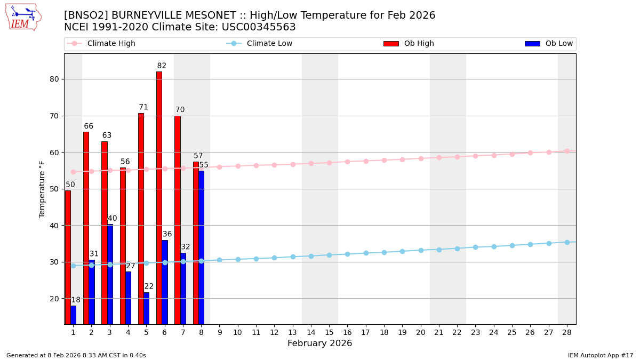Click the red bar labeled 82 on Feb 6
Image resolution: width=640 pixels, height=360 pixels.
tap(159, 197)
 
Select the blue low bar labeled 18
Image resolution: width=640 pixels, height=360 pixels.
tap(73, 315)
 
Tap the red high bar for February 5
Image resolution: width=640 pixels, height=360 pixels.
tap(141, 219)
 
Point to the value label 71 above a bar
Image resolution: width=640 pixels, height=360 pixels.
tap(143, 107)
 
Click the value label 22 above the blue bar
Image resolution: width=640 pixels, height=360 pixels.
tap(149, 286)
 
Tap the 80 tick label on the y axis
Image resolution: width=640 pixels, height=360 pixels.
tap(54, 79)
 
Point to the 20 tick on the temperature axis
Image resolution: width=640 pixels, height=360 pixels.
tap(54, 298)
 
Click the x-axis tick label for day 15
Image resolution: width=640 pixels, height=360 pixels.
tap(329, 332)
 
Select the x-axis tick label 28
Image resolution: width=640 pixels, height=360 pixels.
tap(567, 332)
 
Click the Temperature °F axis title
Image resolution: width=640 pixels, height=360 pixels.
tap(42, 189)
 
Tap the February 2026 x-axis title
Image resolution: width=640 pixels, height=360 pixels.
tap(319, 343)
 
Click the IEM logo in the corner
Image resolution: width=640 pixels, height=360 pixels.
tap(23, 17)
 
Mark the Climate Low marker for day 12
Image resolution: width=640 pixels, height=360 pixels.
tap(274, 258)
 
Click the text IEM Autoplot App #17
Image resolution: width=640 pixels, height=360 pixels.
tap(601, 355)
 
